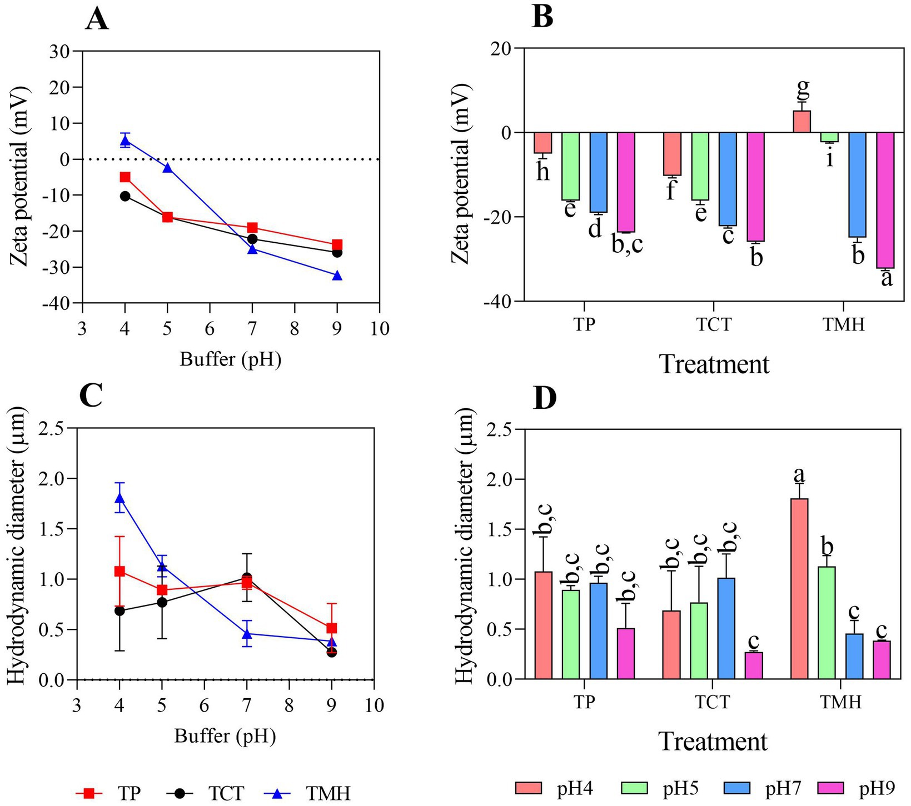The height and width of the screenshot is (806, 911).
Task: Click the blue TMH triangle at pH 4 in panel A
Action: click(125, 141)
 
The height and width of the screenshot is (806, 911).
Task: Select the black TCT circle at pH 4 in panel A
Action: click(125, 196)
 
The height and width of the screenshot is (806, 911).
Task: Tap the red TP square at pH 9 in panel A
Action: click(337, 244)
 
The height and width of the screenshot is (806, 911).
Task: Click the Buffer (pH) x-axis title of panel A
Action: click(231, 360)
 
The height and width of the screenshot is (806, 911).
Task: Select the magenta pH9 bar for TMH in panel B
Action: click(885, 200)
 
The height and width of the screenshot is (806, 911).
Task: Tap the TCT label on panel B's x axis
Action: click(714, 323)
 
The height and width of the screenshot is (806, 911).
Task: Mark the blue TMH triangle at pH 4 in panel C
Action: click(120, 498)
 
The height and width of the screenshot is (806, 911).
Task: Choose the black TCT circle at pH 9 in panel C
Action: click(331, 652)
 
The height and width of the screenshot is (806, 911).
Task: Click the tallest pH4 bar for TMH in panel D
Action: click(799, 589)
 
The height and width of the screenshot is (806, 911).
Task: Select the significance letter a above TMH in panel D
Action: click(799, 475)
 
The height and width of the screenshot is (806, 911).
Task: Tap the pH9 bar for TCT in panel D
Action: click(754, 665)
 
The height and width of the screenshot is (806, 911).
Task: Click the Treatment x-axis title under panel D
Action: click(713, 742)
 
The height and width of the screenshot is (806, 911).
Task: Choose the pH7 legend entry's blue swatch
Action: click(737, 788)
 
